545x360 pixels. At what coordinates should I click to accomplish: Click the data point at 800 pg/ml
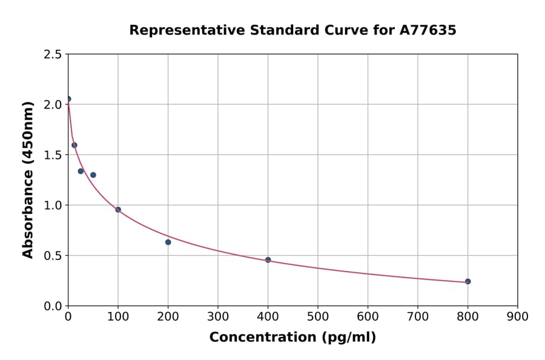(x=467, y=281)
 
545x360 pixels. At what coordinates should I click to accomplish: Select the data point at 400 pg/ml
(x=268, y=260)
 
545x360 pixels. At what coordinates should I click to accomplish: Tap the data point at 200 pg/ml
(x=168, y=242)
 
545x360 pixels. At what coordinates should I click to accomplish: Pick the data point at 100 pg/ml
(x=118, y=210)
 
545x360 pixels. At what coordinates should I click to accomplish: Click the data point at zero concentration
(x=68, y=99)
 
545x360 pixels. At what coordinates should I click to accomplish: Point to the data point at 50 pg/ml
(x=93, y=175)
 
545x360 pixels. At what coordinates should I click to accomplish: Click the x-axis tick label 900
(x=517, y=316)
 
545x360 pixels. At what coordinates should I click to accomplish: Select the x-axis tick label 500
(x=317, y=316)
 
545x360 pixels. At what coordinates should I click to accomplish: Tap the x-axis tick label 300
(x=217, y=316)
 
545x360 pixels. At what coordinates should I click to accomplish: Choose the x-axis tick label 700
(x=417, y=316)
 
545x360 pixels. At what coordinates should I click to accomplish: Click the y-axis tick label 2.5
(x=53, y=55)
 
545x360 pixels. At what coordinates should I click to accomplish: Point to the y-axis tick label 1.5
(x=53, y=155)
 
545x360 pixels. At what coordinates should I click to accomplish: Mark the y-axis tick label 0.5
(x=53, y=256)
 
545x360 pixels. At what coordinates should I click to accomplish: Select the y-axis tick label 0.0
(x=53, y=306)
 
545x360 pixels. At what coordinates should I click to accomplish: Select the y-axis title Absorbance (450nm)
(x=28, y=180)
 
